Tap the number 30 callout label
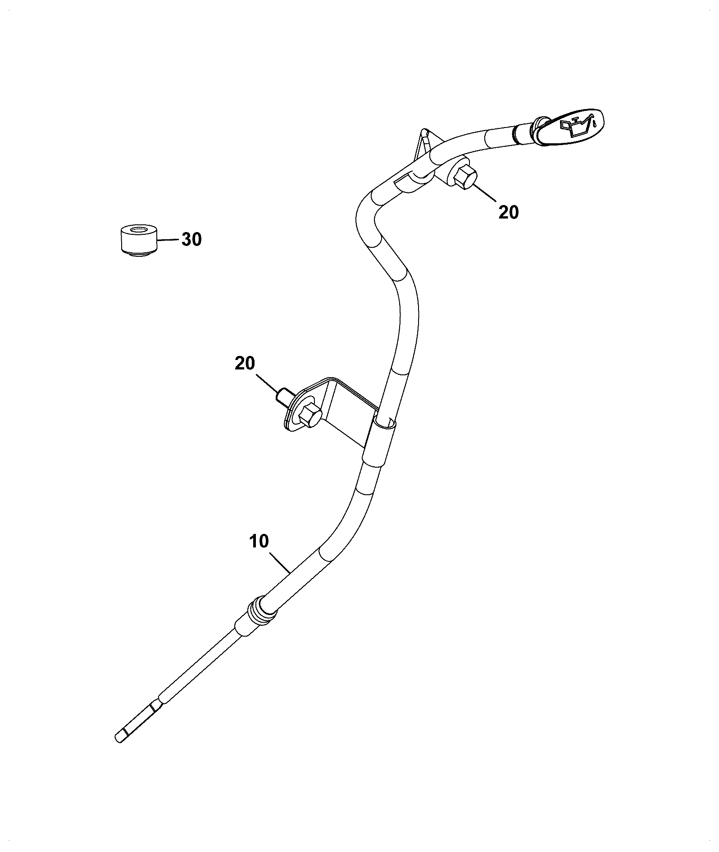pos(191,240)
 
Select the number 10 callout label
pos(259,541)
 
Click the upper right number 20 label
pos(509,212)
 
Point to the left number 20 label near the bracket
pos(245,363)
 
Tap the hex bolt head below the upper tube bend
pos(464,177)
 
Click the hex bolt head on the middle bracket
pos(309,414)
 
